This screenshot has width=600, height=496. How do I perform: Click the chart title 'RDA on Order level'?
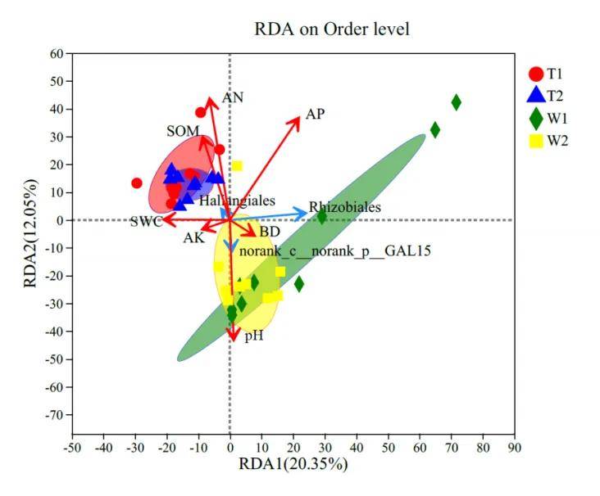point(332,29)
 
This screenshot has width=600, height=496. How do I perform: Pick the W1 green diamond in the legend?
point(535,118)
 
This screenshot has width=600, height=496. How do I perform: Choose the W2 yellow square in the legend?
point(535,140)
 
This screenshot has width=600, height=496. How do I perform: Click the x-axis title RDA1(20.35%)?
point(293,465)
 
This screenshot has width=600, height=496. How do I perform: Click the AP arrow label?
point(316,115)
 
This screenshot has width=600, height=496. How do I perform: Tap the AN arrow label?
point(233,97)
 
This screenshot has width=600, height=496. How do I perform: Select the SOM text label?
point(183,131)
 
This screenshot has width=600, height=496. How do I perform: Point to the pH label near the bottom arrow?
point(253,336)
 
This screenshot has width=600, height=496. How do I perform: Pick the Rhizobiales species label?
point(344,208)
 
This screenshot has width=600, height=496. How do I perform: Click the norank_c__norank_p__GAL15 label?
point(335,251)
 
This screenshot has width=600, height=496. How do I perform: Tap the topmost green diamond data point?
point(457,102)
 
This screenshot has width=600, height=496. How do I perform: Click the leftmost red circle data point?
point(137,183)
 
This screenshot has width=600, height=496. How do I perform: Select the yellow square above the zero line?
point(237,166)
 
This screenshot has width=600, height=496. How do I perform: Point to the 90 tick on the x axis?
point(514,448)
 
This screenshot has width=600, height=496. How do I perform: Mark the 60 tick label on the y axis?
point(56,54)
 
